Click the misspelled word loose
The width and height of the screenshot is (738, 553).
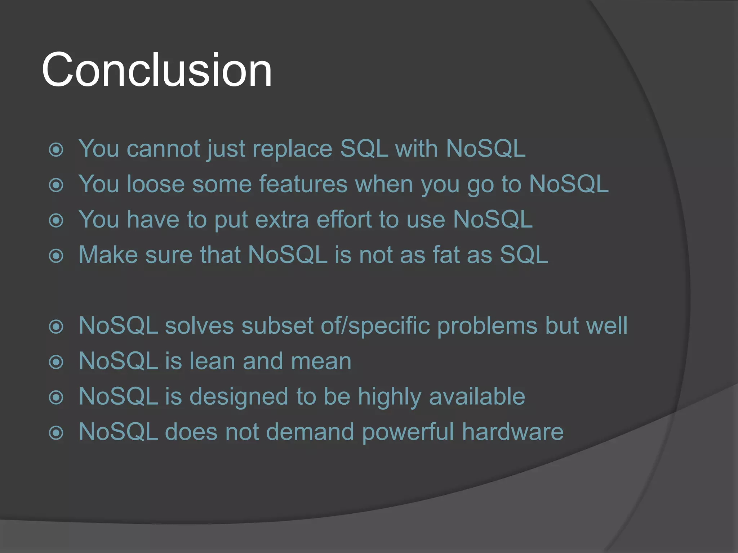coord(156,184)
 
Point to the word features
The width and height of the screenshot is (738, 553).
coord(303,184)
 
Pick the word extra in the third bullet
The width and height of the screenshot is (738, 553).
coord(282,219)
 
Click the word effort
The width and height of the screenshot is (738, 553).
coord(344,219)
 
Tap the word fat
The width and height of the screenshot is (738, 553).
coord(446,255)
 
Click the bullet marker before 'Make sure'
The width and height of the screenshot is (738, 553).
coord(56,256)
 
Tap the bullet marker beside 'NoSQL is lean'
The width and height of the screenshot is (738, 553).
coord(56,362)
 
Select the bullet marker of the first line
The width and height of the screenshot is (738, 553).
coord(56,150)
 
